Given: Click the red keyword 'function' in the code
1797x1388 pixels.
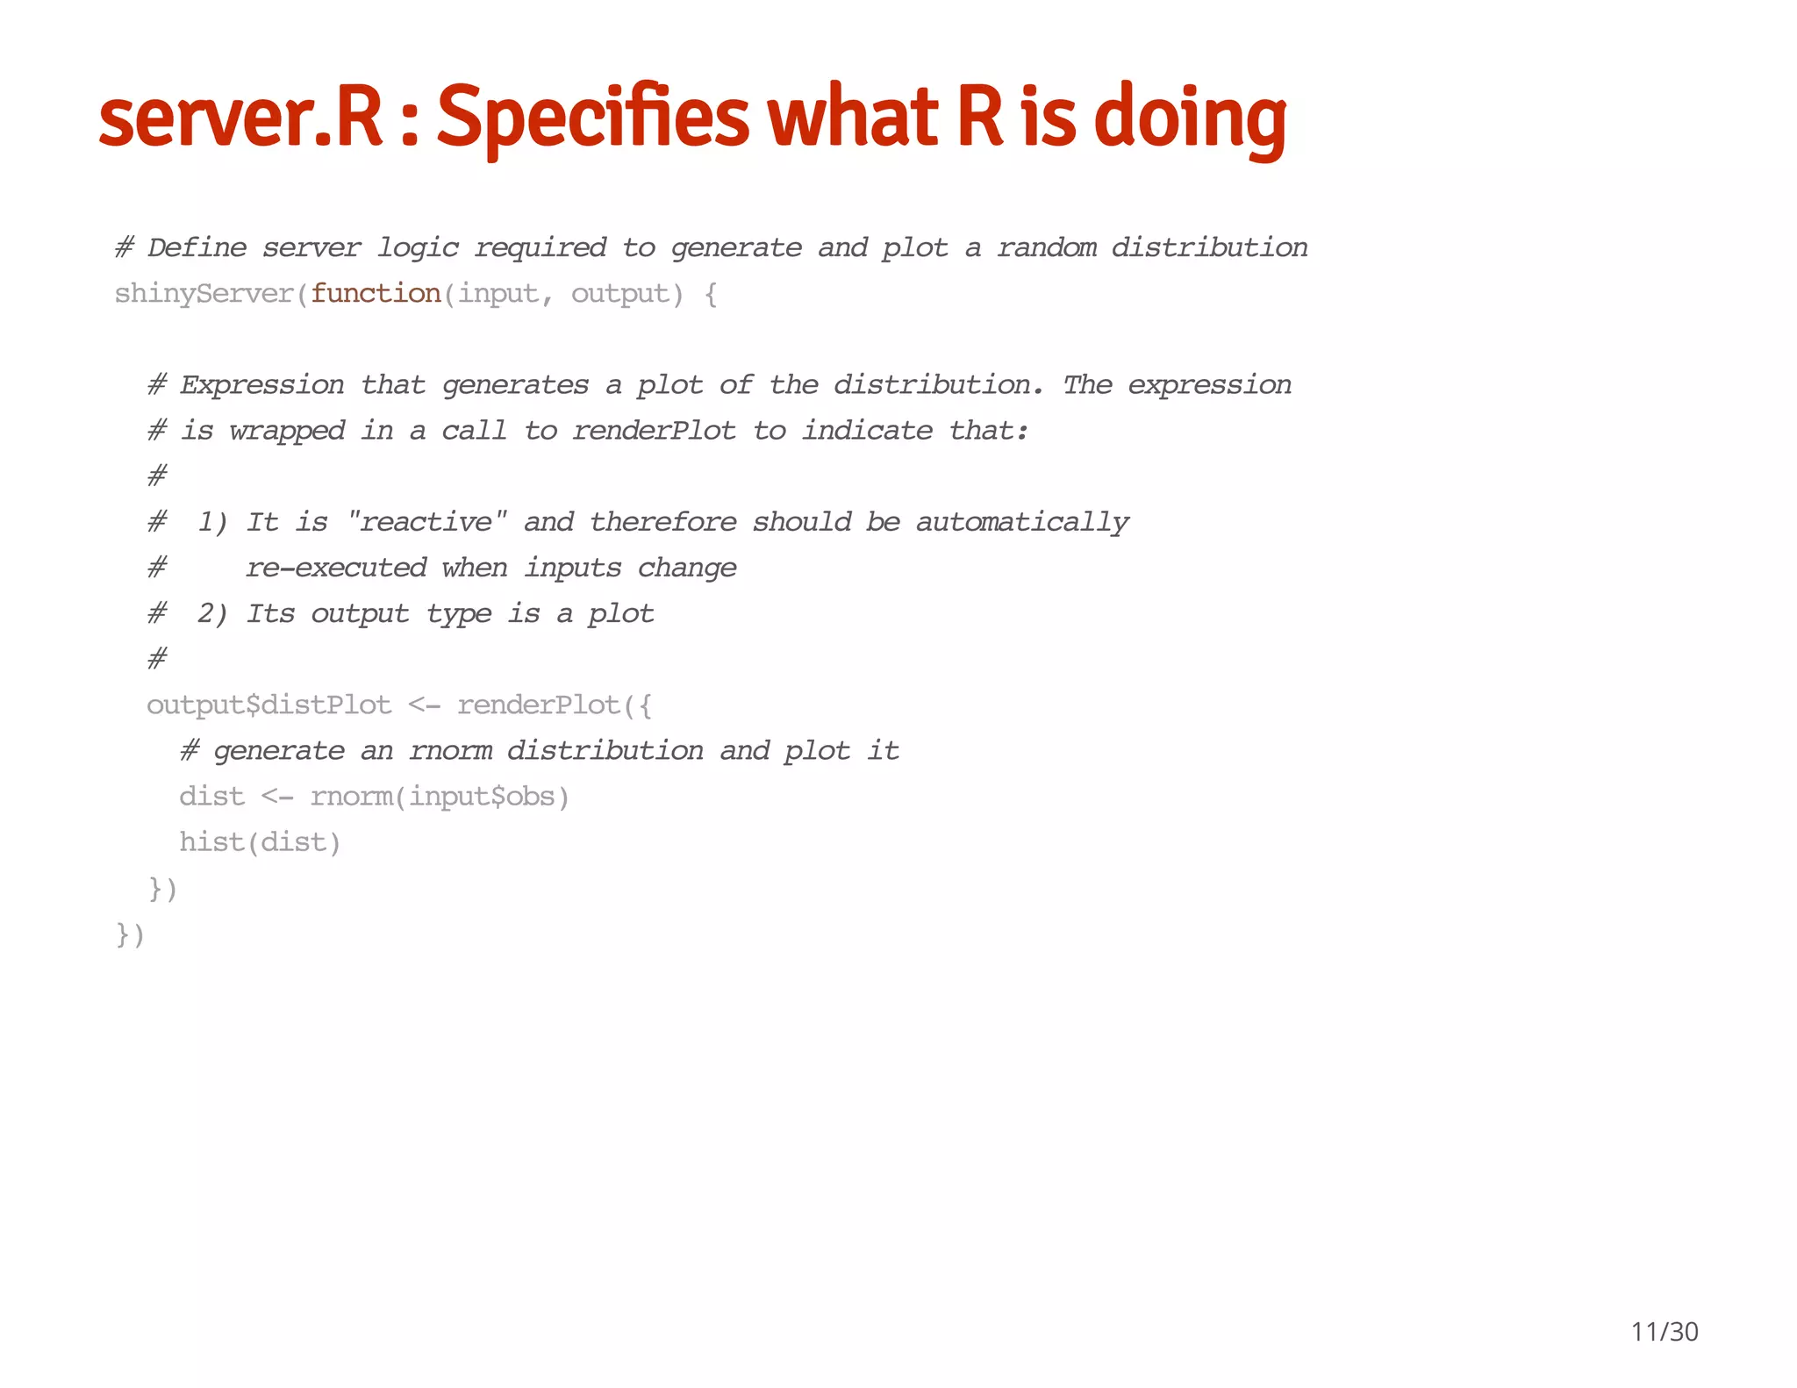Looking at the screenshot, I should pyautogui.click(x=376, y=293).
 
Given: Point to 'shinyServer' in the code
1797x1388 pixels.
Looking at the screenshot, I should pyautogui.click(x=204, y=293).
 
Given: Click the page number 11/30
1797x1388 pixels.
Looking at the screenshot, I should pyautogui.click(x=1664, y=1332).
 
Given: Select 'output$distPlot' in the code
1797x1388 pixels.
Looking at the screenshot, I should pyautogui.click(x=268, y=705).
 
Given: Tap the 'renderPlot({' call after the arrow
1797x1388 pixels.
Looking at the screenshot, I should pyautogui.click(x=555, y=705).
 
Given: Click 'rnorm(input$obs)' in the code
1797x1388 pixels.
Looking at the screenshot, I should pyautogui.click(x=440, y=796).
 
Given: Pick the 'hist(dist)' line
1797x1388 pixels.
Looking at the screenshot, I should pyautogui.click(x=260, y=841).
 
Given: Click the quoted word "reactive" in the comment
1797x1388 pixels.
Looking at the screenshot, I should pyautogui.click(x=427, y=522).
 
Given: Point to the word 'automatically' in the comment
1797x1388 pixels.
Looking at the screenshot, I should pyautogui.click(x=1022, y=522).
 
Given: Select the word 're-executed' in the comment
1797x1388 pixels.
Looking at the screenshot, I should pyautogui.click(x=336, y=568).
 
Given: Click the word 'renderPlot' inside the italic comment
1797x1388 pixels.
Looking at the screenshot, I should pyautogui.click(x=654, y=431).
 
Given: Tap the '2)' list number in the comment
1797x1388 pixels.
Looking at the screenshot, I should pyautogui.click(x=212, y=613).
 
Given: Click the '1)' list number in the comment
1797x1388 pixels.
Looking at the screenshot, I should pyautogui.click(x=212, y=522).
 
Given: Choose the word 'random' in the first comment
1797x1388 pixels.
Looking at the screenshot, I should pyautogui.click(x=1046, y=247).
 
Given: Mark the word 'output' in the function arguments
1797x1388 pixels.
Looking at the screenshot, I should pyautogui.click(x=619, y=293).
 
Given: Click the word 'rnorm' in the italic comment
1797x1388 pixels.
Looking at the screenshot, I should pyautogui.click(x=450, y=750).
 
